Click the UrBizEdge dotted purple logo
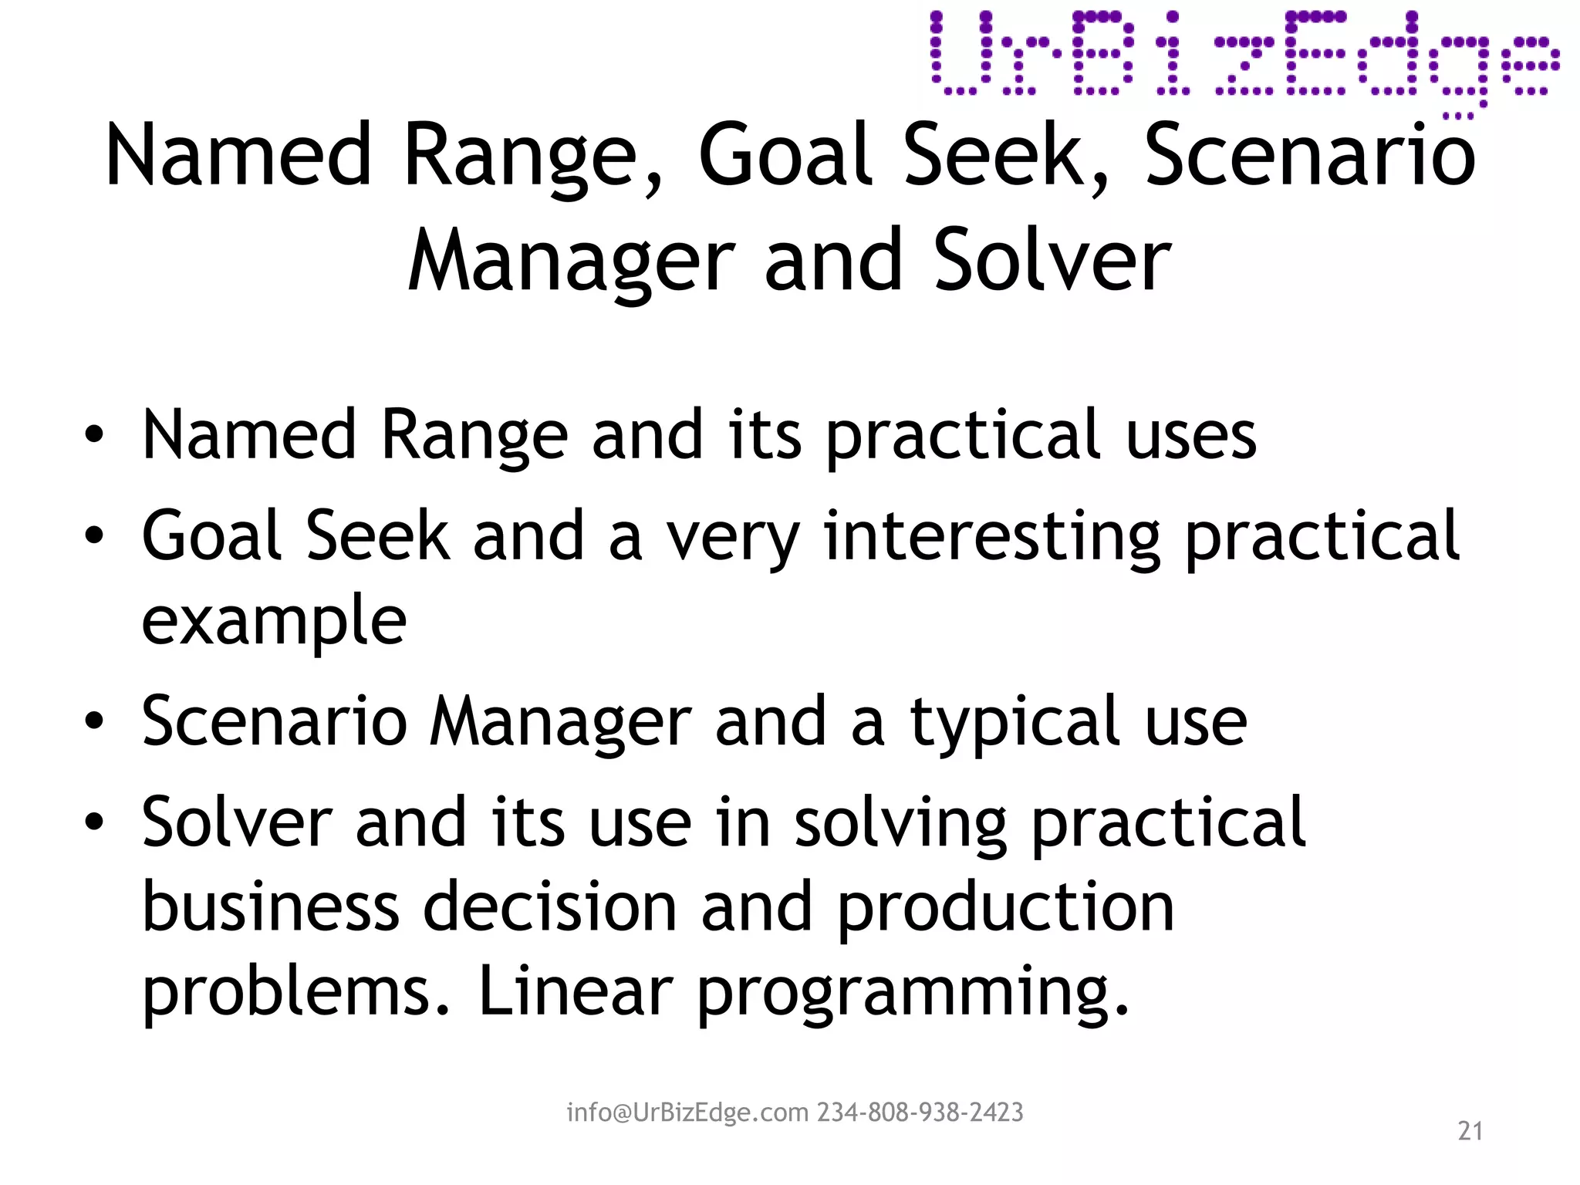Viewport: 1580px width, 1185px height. pos(1244,59)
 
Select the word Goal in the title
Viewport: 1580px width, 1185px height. pos(785,156)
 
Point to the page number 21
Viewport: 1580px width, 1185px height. pos(1470,1131)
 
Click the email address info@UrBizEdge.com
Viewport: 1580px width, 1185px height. pos(688,1112)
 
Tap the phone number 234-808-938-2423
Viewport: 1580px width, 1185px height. pos(920,1112)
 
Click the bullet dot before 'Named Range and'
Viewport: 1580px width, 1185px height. pos(94,436)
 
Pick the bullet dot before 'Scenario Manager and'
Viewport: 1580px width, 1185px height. pos(94,722)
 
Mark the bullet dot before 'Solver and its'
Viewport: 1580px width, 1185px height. pos(94,822)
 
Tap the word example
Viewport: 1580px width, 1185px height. pos(274,621)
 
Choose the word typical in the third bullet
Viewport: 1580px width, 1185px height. pos(1015,722)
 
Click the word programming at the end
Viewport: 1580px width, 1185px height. pos(912,994)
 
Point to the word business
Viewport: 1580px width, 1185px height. pos(270,907)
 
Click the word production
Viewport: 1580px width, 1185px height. pos(1004,907)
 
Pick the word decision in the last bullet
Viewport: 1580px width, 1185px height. pos(550,907)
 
